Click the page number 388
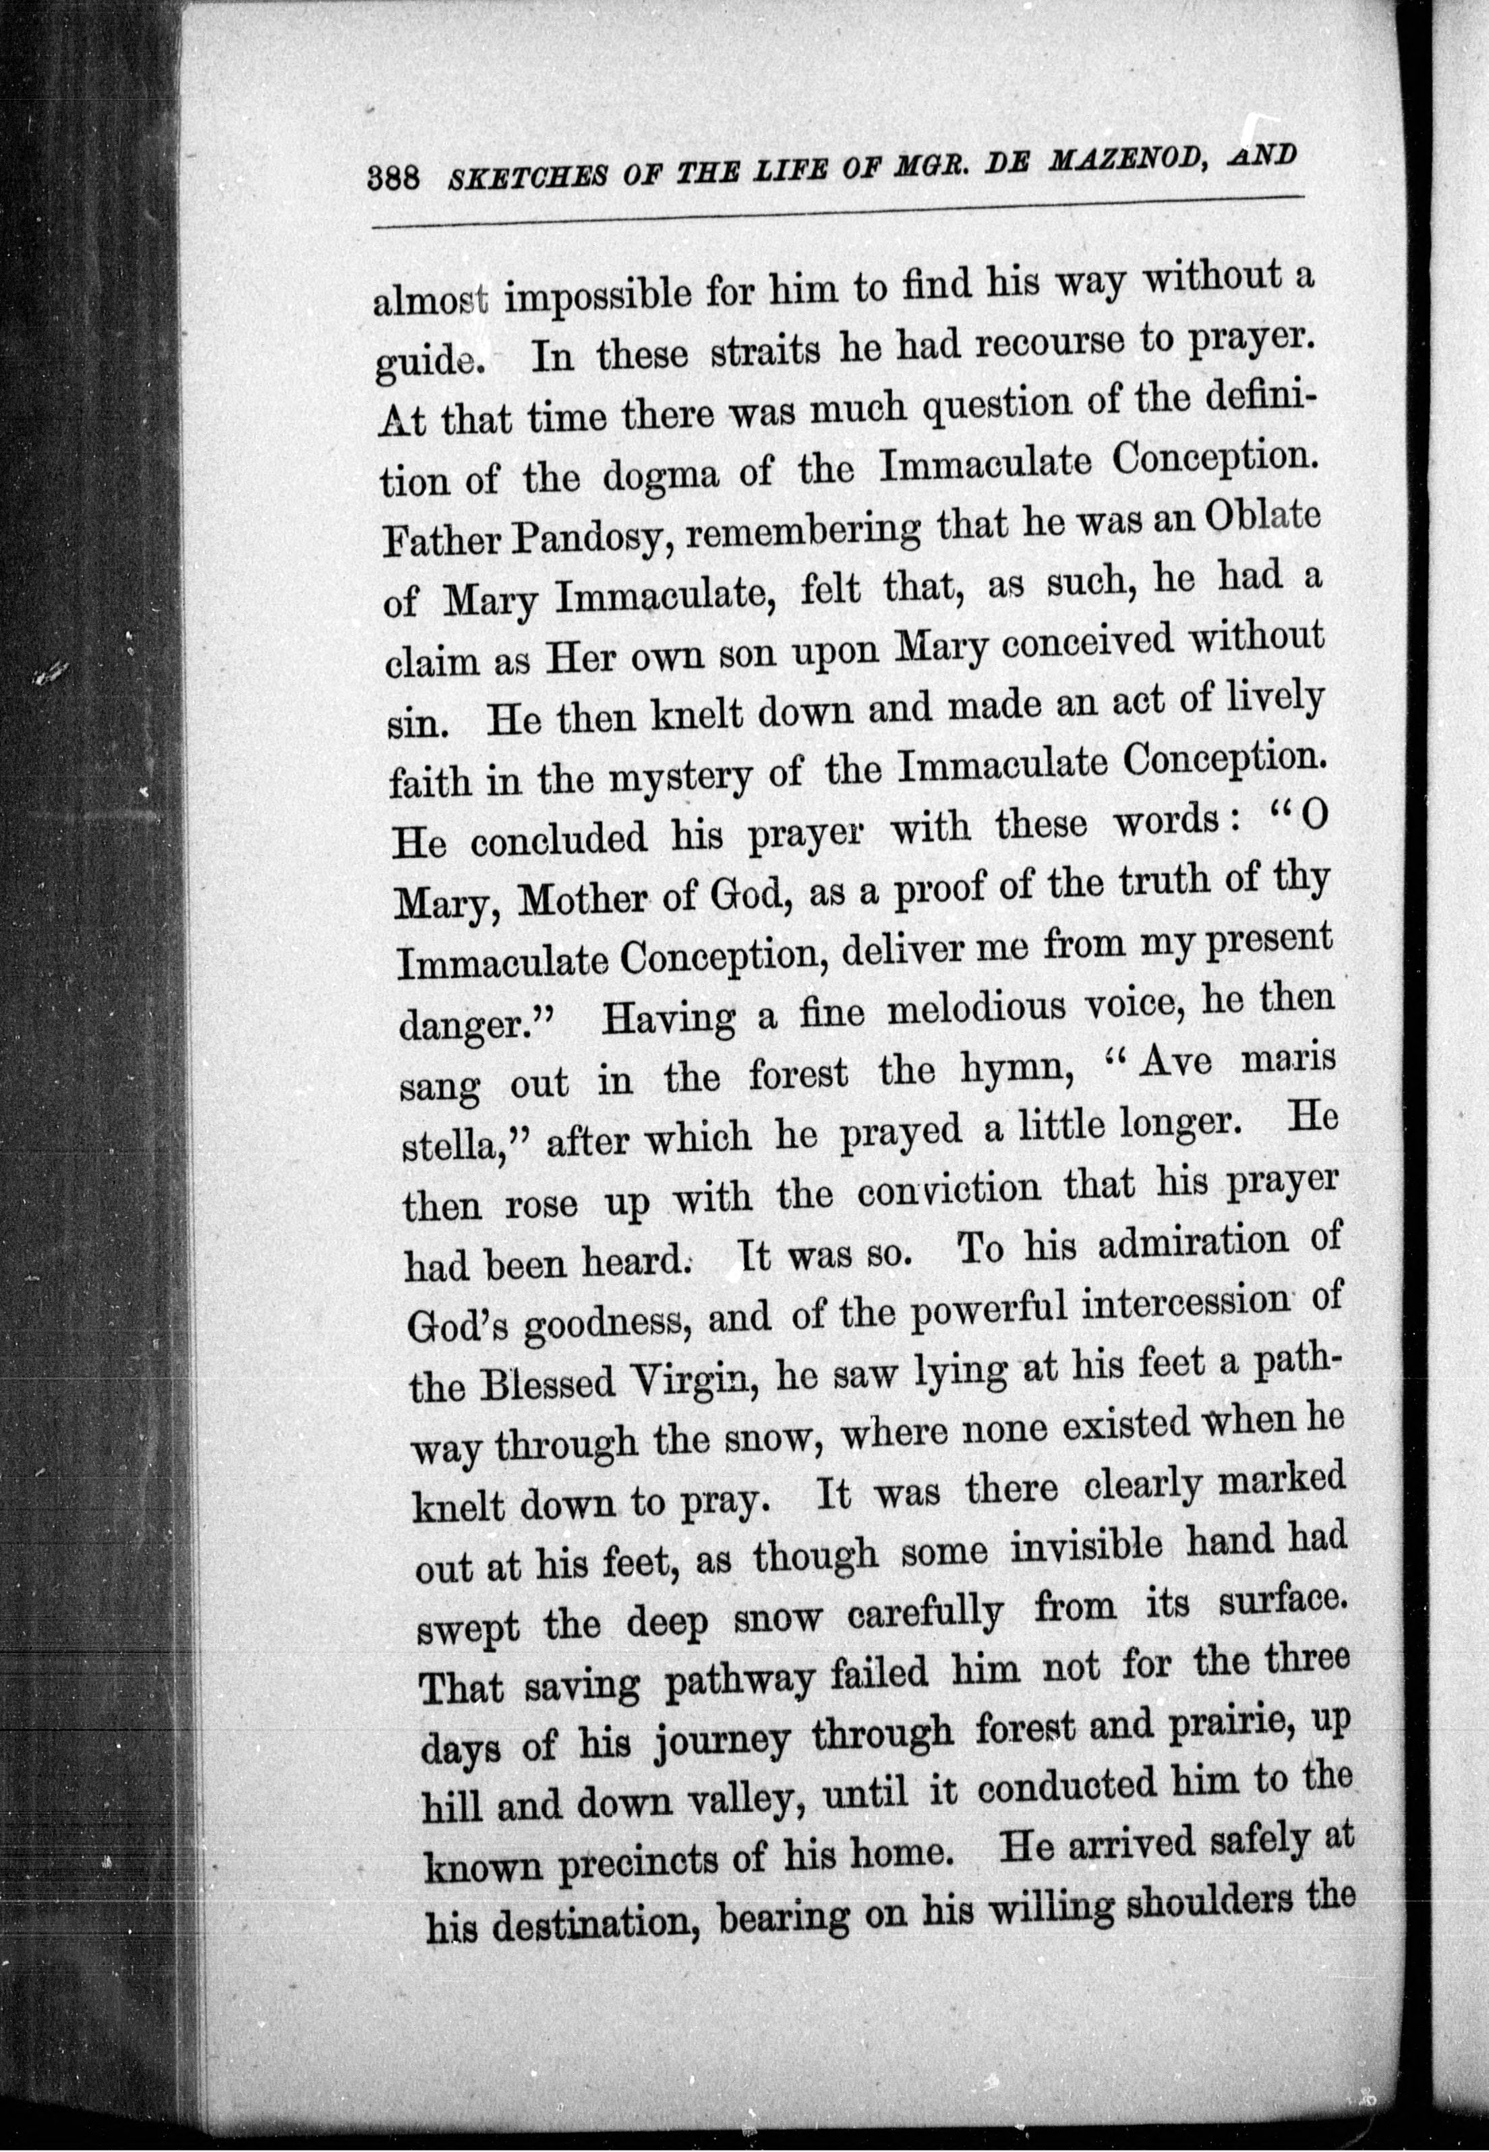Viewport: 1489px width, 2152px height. pyautogui.click(x=397, y=177)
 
